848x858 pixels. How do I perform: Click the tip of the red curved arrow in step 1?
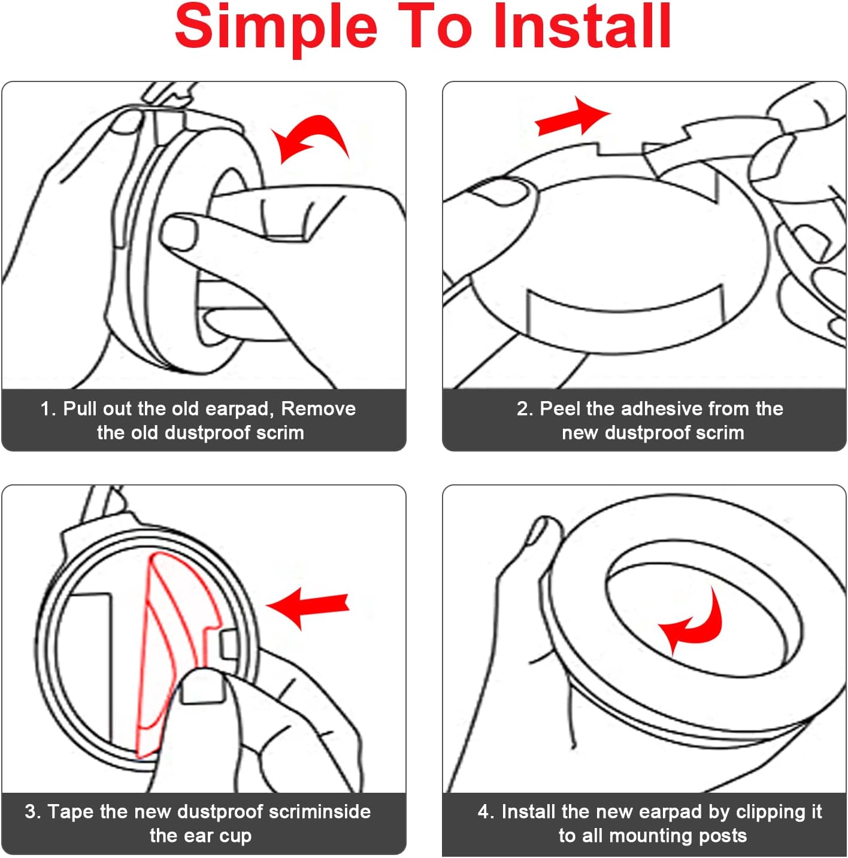click(271, 130)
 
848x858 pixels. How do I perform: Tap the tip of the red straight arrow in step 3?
click(266, 605)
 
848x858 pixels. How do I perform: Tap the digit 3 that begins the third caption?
click(31, 811)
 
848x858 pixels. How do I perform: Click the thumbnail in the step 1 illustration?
click(179, 232)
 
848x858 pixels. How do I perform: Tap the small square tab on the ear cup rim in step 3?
click(230, 644)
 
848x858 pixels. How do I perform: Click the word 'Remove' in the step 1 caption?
click(319, 408)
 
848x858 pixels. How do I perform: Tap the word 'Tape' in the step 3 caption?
click(71, 812)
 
